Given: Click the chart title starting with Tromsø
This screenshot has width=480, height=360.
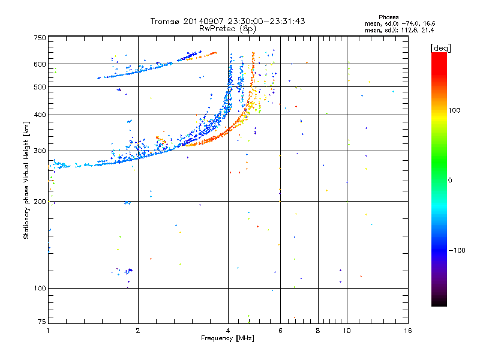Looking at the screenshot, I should click(227, 21).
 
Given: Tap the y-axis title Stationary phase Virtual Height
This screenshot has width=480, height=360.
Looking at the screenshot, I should click(26, 181).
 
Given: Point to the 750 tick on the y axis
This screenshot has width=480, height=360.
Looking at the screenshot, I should click(40, 38).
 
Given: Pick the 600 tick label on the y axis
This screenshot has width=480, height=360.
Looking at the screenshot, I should click(40, 64).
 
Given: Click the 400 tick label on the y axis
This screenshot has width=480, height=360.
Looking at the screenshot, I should click(40, 115).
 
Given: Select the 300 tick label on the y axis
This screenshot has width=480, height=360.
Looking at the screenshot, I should click(40, 151).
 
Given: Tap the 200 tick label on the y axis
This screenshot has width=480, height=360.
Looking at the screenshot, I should click(40, 202).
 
